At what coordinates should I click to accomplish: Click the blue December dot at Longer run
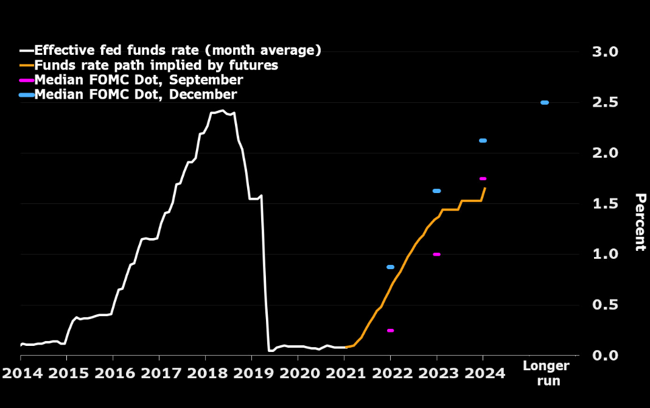[x=545, y=102]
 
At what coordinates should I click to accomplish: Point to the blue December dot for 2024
[x=483, y=141]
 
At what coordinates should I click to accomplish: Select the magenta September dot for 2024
[x=483, y=178]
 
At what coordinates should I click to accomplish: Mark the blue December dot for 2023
[x=436, y=191]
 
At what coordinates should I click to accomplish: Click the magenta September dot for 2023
[x=436, y=255]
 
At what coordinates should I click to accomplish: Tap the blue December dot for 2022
[x=390, y=267]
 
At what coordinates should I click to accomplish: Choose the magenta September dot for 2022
[x=390, y=330]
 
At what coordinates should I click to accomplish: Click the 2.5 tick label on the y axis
[x=605, y=102]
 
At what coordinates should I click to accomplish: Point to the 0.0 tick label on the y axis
[x=605, y=355]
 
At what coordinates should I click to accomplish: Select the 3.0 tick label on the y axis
[x=605, y=52]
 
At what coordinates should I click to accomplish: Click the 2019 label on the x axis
[x=251, y=372]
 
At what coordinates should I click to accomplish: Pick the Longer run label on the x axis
[x=546, y=373]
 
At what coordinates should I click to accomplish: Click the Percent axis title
[x=640, y=222]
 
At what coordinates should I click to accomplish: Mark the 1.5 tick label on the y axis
[x=605, y=203]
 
